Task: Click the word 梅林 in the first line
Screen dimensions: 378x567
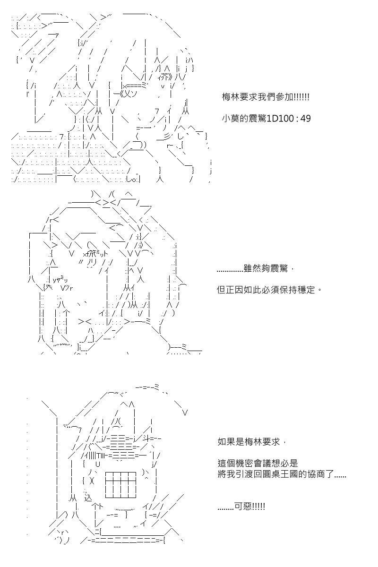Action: [231, 97]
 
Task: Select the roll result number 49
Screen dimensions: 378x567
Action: [306, 119]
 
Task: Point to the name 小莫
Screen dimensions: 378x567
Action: [231, 119]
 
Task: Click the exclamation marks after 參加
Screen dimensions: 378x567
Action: [301, 97]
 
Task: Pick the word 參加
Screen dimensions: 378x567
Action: [284, 97]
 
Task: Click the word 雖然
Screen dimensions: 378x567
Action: [252, 268]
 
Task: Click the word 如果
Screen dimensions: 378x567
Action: [226, 442]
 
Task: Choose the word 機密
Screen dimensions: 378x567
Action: [244, 464]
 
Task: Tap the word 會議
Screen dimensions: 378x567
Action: [262, 464]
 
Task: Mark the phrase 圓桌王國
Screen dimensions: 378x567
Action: [280, 474]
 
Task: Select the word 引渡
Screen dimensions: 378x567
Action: [244, 474]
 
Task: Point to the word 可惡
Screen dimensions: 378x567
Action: [243, 506]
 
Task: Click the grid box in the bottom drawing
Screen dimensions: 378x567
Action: [121, 485]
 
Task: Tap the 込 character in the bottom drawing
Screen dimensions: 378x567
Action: [87, 498]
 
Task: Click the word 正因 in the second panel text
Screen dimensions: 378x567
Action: [234, 290]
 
